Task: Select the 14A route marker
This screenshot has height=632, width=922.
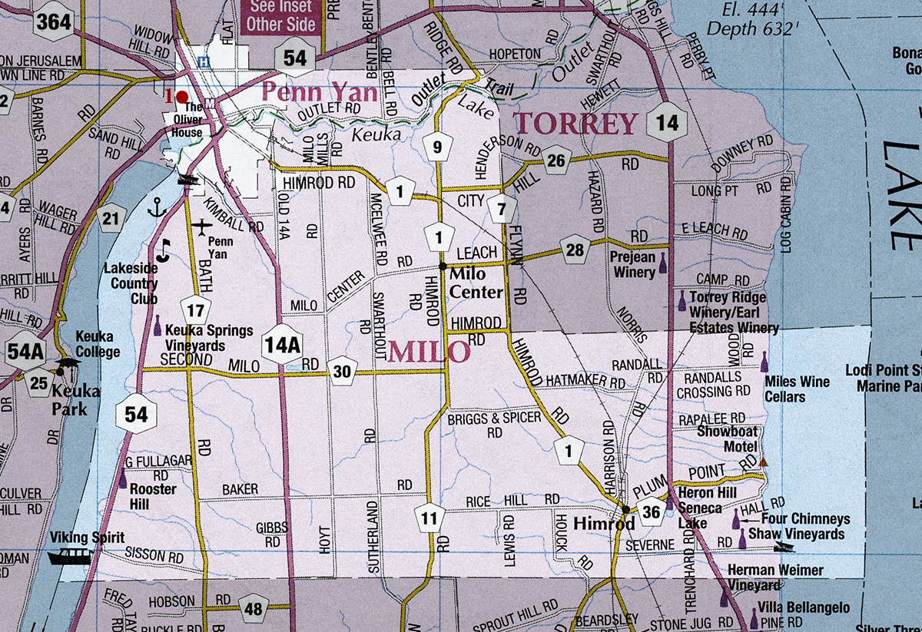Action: pos(281,345)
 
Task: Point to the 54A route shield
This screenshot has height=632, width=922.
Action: pos(25,351)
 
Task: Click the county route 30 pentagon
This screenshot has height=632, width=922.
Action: pos(343,372)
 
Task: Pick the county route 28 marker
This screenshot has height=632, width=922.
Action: pos(575,249)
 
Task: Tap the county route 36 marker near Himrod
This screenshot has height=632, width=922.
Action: pos(652,512)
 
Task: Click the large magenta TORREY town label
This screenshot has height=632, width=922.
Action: pos(576,123)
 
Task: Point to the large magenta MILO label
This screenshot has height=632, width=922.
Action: pos(428,352)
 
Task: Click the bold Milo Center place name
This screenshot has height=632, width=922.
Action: pos(476,282)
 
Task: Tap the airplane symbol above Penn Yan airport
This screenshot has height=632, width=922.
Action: pos(201,227)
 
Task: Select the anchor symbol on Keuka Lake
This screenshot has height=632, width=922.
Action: pos(157,207)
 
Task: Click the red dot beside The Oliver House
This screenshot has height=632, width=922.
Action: pos(182,97)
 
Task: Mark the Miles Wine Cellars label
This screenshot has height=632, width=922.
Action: pos(797,389)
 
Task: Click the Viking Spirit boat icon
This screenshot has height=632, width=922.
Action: pos(70,554)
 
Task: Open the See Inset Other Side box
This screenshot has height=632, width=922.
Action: pos(280,16)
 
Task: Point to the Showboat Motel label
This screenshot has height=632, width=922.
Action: pos(727,438)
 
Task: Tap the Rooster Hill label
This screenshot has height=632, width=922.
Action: pos(153,496)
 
